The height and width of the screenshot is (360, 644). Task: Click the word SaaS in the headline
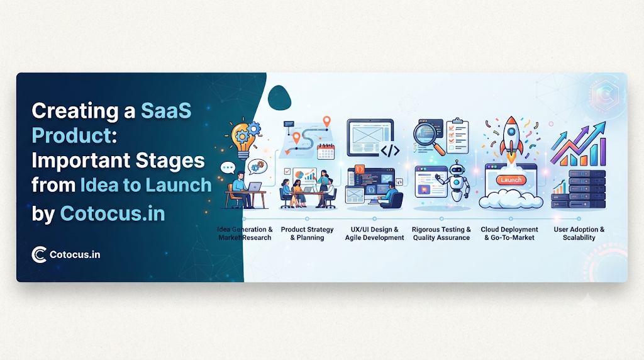click(166, 111)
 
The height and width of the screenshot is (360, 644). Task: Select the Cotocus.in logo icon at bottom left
click(39, 255)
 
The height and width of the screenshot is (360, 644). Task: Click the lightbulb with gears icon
click(245, 139)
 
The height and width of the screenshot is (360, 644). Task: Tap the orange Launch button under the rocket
click(511, 180)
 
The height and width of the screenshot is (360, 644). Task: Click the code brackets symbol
click(390, 150)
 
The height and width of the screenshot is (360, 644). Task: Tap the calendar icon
click(326, 151)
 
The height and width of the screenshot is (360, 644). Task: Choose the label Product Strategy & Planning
click(307, 233)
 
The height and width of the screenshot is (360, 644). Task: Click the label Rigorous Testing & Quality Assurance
click(441, 233)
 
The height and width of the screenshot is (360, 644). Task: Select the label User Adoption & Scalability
click(579, 233)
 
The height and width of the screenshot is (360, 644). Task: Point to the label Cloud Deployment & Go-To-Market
click(509, 233)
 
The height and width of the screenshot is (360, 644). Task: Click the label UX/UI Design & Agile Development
click(374, 233)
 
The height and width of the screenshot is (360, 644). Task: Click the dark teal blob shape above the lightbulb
click(279, 98)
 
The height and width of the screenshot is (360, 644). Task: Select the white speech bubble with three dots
click(228, 167)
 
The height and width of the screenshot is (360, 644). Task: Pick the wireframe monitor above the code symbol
click(370, 137)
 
